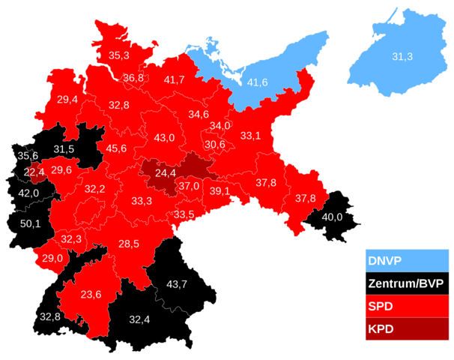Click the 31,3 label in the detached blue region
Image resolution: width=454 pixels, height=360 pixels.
(x=402, y=57)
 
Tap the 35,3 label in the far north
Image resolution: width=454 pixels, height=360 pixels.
(x=118, y=55)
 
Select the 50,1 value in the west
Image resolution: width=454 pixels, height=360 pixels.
(x=30, y=223)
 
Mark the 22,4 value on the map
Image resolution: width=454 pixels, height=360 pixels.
(x=34, y=172)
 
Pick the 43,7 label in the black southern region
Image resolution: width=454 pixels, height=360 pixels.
(x=176, y=283)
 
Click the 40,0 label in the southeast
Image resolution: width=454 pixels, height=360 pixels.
(x=332, y=217)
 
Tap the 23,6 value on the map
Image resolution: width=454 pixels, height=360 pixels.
(x=91, y=294)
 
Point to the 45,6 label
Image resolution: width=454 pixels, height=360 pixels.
(x=116, y=148)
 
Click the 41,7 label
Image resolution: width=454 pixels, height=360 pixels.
(x=175, y=79)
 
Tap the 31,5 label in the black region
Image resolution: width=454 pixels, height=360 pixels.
(x=64, y=148)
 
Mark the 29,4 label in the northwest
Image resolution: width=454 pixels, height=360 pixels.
(x=67, y=99)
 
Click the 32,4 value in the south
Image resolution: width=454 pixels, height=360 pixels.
(x=139, y=319)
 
